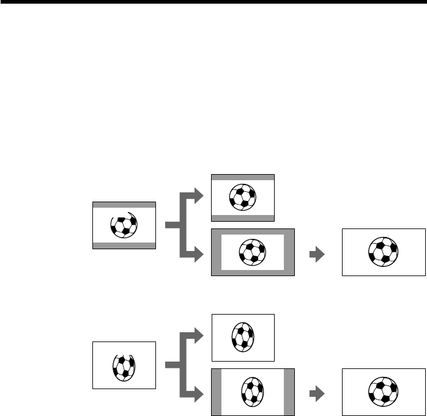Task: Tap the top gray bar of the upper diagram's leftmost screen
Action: (124, 205)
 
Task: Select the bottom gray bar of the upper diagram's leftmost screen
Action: (124, 246)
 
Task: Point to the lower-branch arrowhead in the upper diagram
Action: (195, 255)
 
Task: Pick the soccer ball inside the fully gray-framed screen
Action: (253, 252)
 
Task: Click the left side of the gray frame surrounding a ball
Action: (216, 252)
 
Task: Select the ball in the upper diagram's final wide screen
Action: (384, 252)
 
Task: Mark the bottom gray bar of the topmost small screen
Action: (243, 217)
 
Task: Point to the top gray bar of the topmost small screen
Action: (243, 177)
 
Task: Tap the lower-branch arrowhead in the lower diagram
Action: (195, 395)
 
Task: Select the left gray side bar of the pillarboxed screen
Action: (216, 392)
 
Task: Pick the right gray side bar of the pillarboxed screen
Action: (289, 392)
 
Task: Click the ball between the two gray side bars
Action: (253, 392)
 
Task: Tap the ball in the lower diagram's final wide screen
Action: (384, 392)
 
